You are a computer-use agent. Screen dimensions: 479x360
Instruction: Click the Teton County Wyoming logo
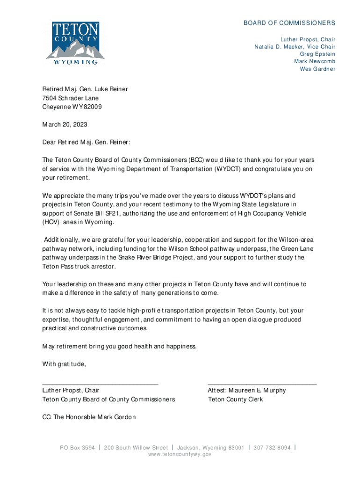(75, 43)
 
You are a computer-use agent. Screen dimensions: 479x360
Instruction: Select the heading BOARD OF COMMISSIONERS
(289, 23)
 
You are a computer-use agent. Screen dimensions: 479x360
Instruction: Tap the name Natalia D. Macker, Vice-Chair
(295, 47)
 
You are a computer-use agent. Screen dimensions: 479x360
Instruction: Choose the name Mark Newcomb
(314, 62)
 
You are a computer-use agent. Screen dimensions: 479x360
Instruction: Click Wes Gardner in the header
(317, 69)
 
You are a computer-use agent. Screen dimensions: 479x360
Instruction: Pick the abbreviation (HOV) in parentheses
(50, 222)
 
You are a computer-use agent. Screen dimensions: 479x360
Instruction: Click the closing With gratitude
(64, 364)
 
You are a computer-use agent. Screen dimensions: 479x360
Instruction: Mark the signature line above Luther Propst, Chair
(100, 383)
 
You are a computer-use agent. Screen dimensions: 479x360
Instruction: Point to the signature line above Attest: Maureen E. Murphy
(262, 383)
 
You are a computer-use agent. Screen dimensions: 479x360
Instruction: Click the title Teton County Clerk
(236, 399)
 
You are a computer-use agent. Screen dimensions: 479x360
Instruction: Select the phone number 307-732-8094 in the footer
(272, 448)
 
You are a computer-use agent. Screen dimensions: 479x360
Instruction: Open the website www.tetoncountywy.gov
(180, 455)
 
